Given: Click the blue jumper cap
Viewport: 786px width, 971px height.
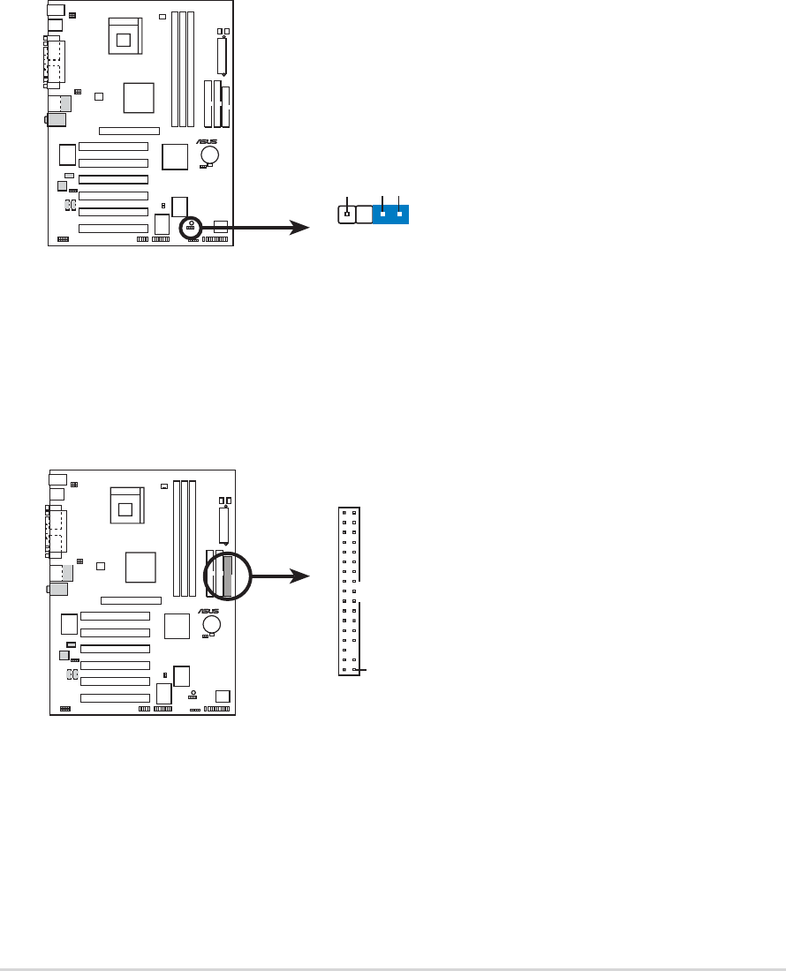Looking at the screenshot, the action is click(391, 214).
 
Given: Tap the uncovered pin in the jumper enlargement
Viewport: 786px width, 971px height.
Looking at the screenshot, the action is click(347, 214).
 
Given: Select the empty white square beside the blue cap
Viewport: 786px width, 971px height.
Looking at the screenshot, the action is click(364, 214).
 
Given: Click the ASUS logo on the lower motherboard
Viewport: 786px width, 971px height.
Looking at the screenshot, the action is click(209, 610).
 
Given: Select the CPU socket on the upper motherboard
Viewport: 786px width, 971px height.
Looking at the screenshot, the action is click(123, 36).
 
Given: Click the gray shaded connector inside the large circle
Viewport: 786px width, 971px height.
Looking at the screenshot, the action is click(228, 576).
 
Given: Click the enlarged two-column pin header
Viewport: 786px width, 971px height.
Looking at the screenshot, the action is click(349, 591).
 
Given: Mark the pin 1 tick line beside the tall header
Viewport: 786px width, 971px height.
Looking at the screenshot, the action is click(359, 672).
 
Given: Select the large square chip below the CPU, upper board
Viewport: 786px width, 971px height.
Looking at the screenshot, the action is click(140, 97).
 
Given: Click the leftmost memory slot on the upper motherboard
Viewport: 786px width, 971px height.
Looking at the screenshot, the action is click(175, 69).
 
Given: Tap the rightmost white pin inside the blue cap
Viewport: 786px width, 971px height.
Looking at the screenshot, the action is click(400, 214).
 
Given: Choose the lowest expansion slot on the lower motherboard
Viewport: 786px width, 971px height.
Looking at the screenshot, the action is click(115, 697).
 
